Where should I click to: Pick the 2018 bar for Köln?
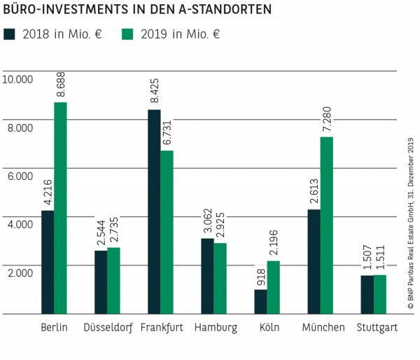point(260,302)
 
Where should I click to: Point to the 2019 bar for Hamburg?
point(220,278)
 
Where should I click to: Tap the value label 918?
point(260,277)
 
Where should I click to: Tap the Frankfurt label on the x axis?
point(161,328)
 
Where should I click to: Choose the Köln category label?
point(267,328)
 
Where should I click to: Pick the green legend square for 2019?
point(128,34)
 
